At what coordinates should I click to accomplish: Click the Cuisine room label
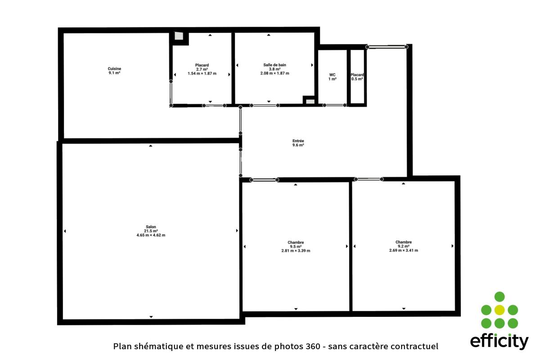pos(114,69)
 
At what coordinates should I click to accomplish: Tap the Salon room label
pos(151,227)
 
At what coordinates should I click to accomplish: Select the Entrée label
pos(298,141)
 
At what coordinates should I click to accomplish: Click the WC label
pos(332,75)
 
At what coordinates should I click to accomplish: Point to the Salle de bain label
pos(274,65)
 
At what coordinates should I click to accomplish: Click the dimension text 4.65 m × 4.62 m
pos(151,235)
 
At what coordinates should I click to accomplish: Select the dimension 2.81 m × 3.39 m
pos(296,251)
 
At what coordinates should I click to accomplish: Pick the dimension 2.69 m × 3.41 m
pos(404,251)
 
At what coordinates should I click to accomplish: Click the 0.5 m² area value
pos(357,79)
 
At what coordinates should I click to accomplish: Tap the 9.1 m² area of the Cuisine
pos(114,73)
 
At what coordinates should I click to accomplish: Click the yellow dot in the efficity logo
pos(499,310)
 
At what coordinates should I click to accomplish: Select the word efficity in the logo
pos(499,342)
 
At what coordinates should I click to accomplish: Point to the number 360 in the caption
pos(313,346)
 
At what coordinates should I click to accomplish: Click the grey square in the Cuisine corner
pos(179,36)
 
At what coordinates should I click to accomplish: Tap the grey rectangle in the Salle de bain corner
pos(310,102)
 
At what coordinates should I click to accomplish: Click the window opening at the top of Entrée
pos(387,47)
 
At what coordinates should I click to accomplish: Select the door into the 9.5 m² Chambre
pos(264,180)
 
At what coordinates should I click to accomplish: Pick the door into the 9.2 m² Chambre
pos(369,179)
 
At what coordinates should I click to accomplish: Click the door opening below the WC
pos(335,105)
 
